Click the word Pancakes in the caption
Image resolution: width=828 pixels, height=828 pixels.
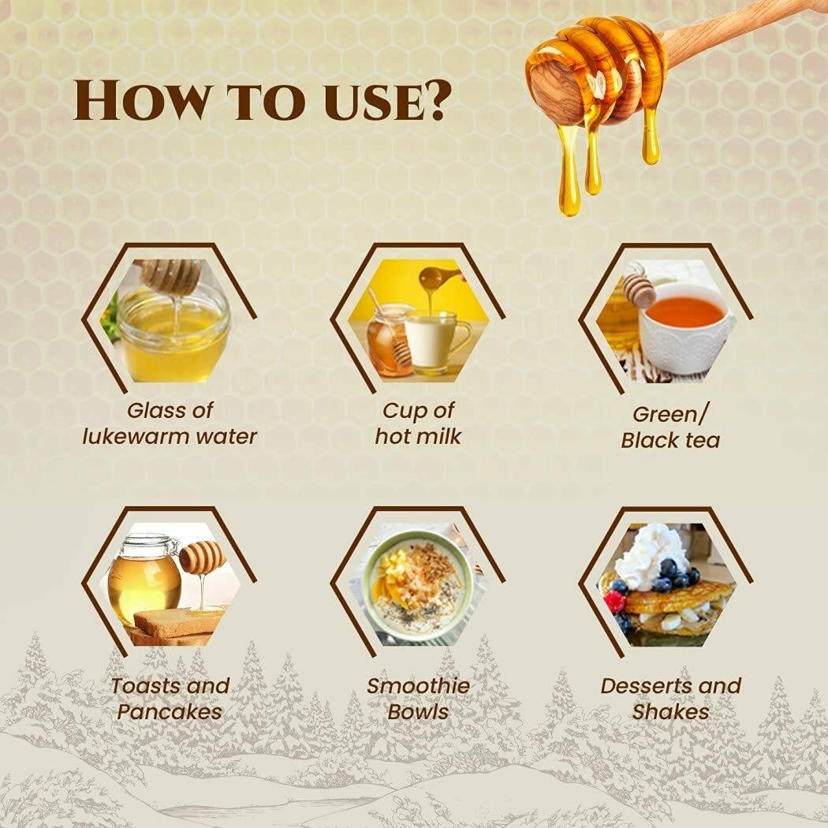click(170, 711)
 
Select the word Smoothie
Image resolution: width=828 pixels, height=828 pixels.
click(418, 685)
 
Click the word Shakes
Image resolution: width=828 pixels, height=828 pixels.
click(670, 711)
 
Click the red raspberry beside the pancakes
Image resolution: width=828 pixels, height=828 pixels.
click(614, 601)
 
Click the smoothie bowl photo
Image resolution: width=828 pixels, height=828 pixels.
click(418, 584)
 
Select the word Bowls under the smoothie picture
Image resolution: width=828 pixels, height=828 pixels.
click(418, 711)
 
